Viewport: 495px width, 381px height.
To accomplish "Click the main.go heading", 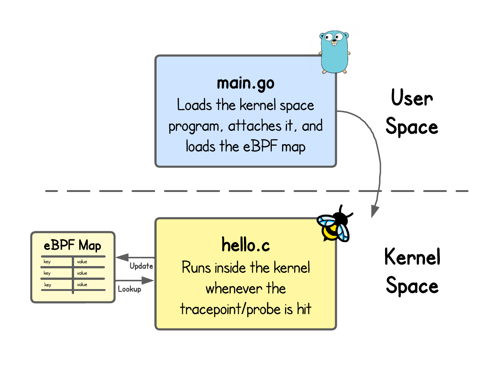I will click(x=245, y=83).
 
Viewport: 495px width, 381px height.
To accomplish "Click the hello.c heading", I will click(x=245, y=245).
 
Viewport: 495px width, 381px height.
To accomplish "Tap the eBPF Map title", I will click(x=73, y=245).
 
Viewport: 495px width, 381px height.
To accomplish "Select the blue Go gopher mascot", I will click(x=334, y=52).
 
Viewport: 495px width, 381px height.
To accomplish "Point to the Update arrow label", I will click(x=141, y=266).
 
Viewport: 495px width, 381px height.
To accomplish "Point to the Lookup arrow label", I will click(x=130, y=289).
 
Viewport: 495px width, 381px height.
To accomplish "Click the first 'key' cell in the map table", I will click(x=47, y=262).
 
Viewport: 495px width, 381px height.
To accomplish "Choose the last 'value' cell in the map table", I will click(x=82, y=285).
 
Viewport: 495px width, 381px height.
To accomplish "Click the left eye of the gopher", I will click(x=328, y=37).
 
